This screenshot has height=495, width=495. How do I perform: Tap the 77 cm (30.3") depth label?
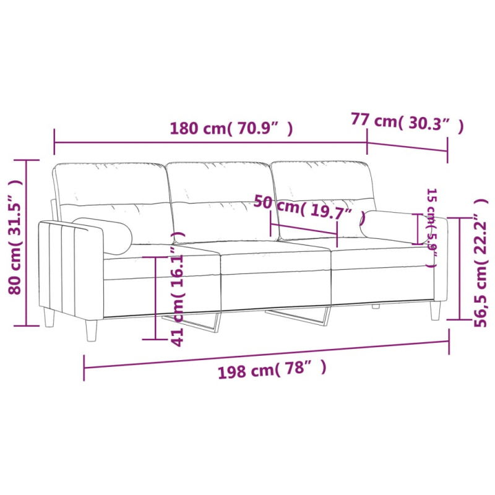point(407,121)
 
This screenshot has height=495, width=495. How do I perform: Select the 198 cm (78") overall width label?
point(271,370)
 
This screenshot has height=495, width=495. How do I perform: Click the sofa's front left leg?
point(92,328)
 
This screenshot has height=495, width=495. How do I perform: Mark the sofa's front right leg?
point(436,309)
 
